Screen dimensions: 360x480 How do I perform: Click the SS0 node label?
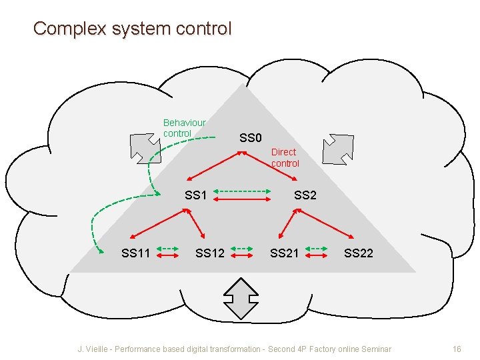[251, 138]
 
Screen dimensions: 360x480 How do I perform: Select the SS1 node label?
[196, 195]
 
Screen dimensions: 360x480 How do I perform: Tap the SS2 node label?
[305, 195]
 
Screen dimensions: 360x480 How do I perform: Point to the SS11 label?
[135, 253]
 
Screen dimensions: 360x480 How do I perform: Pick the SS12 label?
[210, 253]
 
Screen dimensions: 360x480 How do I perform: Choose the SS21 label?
[284, 253]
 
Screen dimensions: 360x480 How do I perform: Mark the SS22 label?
[359, 253]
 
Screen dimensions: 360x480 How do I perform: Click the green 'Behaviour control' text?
[184, 128]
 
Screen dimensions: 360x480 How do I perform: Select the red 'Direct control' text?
[285, 157]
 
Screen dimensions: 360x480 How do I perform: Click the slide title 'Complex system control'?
[132, 29]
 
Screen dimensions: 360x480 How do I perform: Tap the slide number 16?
[457, 349]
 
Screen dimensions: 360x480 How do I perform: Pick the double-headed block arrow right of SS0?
[338, 148]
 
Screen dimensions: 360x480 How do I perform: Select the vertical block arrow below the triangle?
[241, 296]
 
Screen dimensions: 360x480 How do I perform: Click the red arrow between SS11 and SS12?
[168, 254]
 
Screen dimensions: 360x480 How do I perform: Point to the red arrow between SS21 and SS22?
[317, 254]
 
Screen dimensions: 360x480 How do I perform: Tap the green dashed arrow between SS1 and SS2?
[243, 191]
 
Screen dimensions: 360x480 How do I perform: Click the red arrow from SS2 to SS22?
[327, 222]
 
